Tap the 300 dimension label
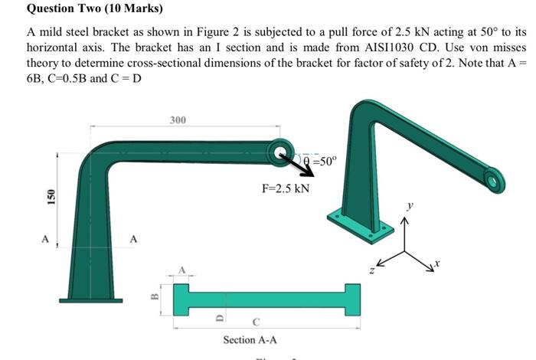pyautogui.click(x=177, y=120)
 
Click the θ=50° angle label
pyautogui.click(x=319, y=161)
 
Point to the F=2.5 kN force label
pyautogui.click(x=286, y=188)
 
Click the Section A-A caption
pyautogui.click(x=250, y=339)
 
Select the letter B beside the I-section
pyautogui.click(x=153, y=296)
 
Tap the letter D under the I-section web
pyautogui.click(x=218, y=314)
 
